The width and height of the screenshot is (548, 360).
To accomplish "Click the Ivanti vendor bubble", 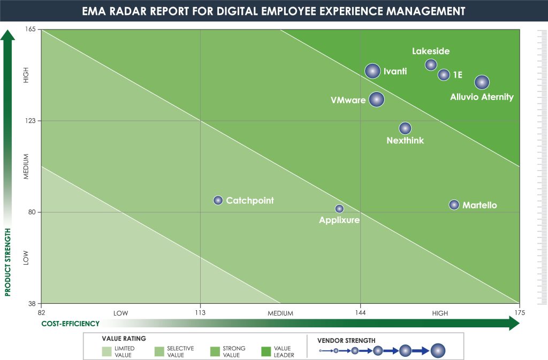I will coord(372,71).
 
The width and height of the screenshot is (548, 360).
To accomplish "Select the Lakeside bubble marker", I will coord(431,65).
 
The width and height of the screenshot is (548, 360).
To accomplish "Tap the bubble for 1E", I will coord(444,75).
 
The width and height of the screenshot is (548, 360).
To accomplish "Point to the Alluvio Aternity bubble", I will coord(482,82).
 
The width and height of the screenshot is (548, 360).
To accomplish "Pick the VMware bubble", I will coord(377,99).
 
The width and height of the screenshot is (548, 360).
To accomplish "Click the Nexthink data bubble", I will coord(405,128).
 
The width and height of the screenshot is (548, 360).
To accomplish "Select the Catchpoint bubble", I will coord(218,201).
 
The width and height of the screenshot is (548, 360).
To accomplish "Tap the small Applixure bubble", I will coord(339,209).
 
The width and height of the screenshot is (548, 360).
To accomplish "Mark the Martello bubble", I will coord(454,205).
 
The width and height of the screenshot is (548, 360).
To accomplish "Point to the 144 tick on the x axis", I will coord(360,313).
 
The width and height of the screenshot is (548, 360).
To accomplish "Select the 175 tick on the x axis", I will coord(519,313).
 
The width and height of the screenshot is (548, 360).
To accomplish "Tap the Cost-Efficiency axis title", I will coord(71,323).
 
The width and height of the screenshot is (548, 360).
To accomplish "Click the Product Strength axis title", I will coord(8,262).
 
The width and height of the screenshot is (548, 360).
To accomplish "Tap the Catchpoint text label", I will coord(250,201).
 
